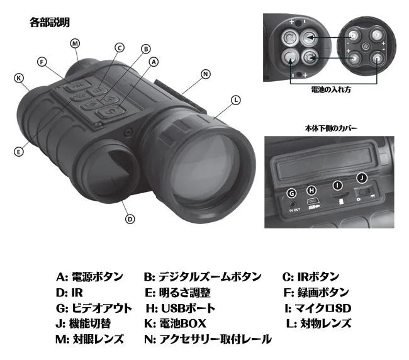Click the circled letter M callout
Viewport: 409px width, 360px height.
pyautogui.click(x=75, y=43)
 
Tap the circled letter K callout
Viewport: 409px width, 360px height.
pyautogui.click(x=19, y=78)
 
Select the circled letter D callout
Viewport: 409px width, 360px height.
pyautogui.click(x=130, y=219)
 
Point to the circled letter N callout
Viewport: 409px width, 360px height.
pyautogui.click(x=205, y=74)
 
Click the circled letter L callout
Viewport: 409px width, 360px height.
pyautogui.click(x=235, y=100)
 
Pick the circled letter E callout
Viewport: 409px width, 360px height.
pyautogui.click(x=19, y=152)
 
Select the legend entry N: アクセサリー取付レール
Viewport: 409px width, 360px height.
pyautogui.click(x=208, y=339)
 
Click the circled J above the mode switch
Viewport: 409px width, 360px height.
pyautogui.click(x=361, y=178)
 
